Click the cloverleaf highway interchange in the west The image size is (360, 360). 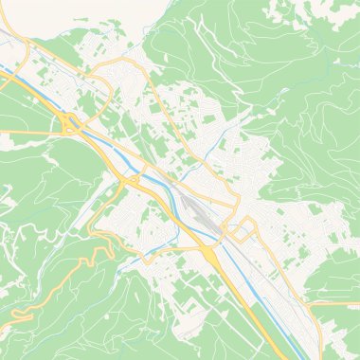pos(68,122)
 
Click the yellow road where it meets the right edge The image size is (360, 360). pos(356,304)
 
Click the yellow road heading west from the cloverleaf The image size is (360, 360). pos(24,129)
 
